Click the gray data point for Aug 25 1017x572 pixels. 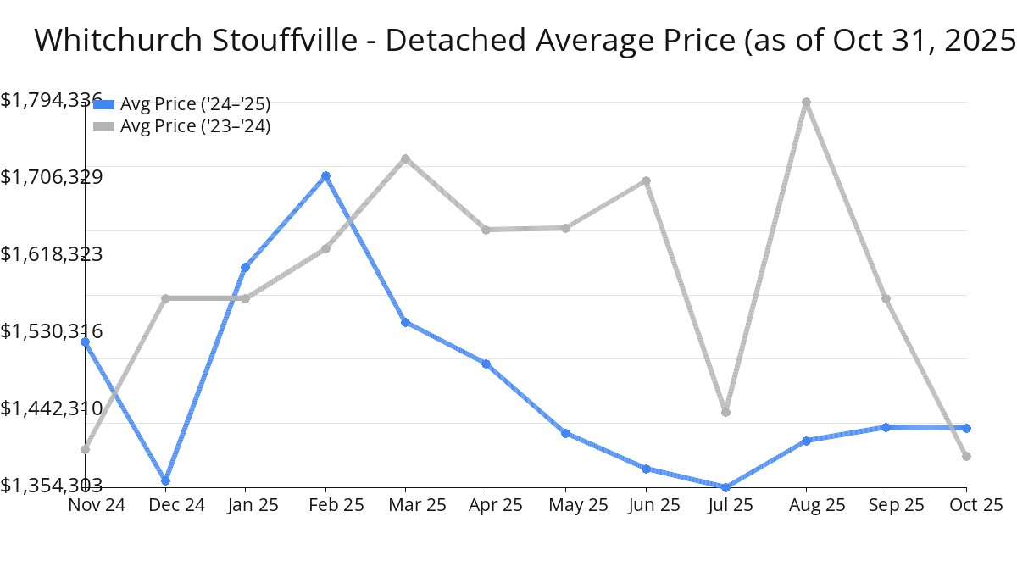coord(807,103)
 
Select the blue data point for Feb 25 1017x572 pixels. coord(325,176)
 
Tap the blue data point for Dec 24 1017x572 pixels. coord(166,480)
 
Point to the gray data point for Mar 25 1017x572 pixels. coord(406,158)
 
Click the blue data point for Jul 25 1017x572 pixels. coord(726,487)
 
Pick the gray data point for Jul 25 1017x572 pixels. coord(726,412)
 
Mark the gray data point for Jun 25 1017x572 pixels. coord(647,180)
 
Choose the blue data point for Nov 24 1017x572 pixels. coord(86,342)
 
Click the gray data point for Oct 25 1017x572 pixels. coord(966,457)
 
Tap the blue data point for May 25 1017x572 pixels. coord(565,433)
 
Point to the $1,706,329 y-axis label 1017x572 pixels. coord(52,177)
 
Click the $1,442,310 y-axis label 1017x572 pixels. coord(52,408)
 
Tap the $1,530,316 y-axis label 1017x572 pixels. coord(52,331)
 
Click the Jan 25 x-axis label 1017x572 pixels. coord(245,505)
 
